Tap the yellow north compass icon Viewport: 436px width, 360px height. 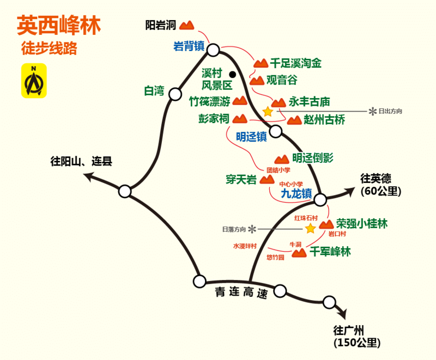[x=34, y=81]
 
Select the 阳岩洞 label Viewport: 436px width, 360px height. [x=161, y=26]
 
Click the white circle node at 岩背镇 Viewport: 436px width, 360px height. [x=213, y=51]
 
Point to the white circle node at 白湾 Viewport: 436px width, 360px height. [x=175, y=94]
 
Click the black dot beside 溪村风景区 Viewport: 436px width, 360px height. [x=233, y=74]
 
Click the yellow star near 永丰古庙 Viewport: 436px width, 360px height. [x=268, y=112]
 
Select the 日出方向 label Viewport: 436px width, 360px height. [x=390, y=111]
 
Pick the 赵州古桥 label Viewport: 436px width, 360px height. [x=324, y=120]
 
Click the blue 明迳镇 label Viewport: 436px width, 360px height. [x=251, y=136]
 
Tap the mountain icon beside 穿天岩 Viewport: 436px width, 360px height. [x=267, y=180]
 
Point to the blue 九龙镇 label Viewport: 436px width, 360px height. [x=296, y=193]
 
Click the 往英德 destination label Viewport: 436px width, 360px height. [x=376, y=179]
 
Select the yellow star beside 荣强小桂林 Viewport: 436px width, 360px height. [x=310, y=228]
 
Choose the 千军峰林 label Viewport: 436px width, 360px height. [x=330, y=252]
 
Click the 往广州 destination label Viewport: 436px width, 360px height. [x=349, y=330]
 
